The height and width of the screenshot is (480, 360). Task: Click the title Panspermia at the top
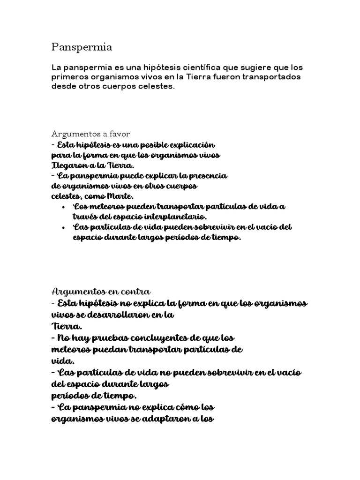82,47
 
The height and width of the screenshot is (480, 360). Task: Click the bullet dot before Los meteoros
63,207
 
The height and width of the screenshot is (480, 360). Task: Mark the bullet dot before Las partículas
63,227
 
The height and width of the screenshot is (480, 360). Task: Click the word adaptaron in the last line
173,418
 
